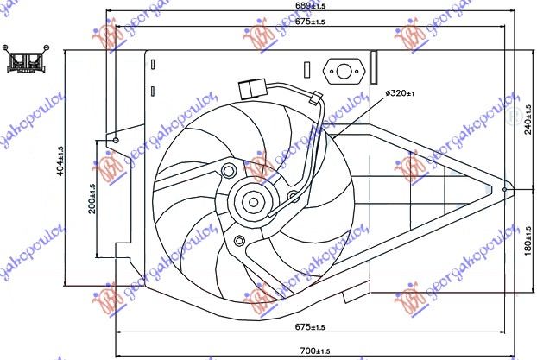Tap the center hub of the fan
pos(253,204)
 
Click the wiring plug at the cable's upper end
pos(251,87)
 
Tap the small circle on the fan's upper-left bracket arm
pos(228,169)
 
